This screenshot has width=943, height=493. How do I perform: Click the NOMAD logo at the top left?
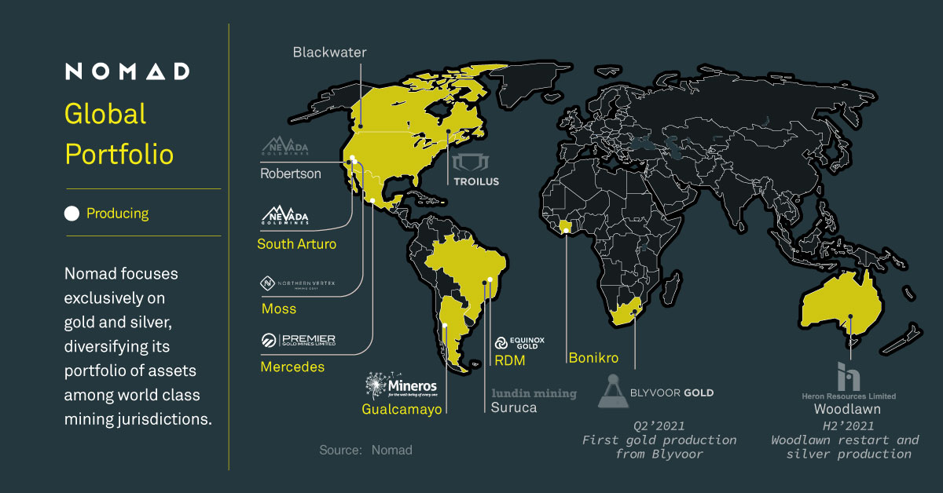click(x=127, y=71)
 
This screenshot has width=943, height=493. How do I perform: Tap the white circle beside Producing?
click(x=72, y=213)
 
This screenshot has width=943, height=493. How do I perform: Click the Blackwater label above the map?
click(x=330, y=53)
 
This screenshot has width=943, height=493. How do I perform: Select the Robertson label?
click(x=291, y=173)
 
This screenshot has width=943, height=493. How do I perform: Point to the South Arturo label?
click(x=296, y=244)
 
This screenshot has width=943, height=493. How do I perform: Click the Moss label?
click(x=279, y=309)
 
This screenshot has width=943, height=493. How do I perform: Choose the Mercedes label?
click(x=292, y=367)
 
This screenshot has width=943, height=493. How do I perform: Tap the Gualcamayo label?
click(x=402, y=409)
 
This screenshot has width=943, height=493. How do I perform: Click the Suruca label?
click(x=514, y=408)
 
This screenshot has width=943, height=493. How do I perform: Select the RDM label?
click(x=509, y=361)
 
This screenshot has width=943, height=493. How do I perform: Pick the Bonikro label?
click(x=593, y=358)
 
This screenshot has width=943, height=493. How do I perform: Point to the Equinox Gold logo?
click(x=519, y=343)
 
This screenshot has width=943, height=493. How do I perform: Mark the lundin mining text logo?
click(x=534, y=393)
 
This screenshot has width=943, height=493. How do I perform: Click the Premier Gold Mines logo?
click(x=299, y=340)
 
